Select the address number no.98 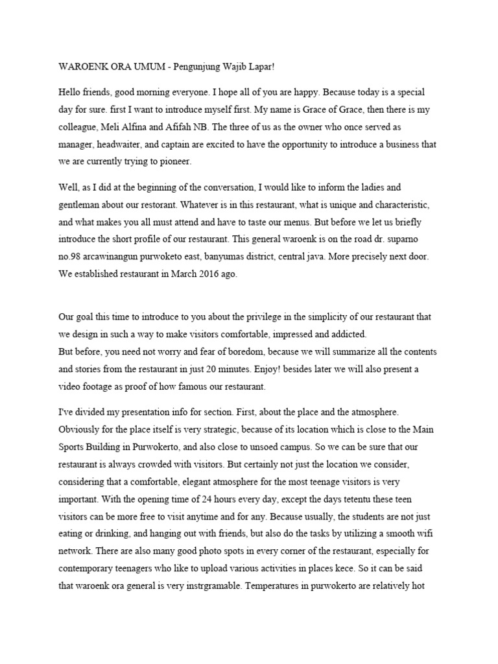click(x=72, y=255)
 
